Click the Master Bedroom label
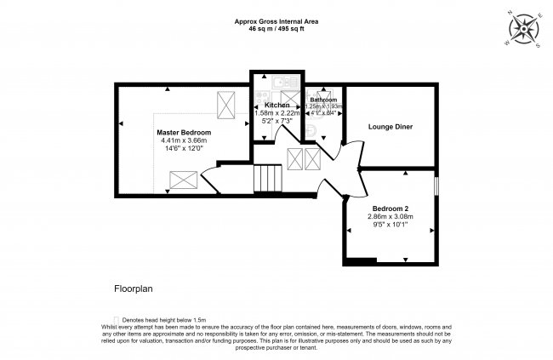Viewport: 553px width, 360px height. coord(184,133)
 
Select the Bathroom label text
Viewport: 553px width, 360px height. coord(323,100)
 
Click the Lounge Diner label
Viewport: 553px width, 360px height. coord(391,127)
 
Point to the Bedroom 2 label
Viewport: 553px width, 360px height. coord(391,208)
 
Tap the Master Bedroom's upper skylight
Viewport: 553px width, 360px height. coord(227,105)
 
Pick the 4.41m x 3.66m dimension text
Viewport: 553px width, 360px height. coord(184,141)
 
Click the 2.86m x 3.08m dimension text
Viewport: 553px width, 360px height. coord(391,216)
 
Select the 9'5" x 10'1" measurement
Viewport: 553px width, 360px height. coord(391,225)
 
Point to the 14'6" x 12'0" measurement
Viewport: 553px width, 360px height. coord(184,150)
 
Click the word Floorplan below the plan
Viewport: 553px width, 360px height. coord(134,289)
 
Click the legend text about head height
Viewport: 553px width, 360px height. coord(164,319)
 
